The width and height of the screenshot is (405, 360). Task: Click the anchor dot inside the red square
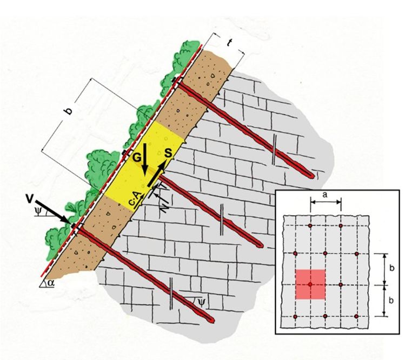[310, 284]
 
